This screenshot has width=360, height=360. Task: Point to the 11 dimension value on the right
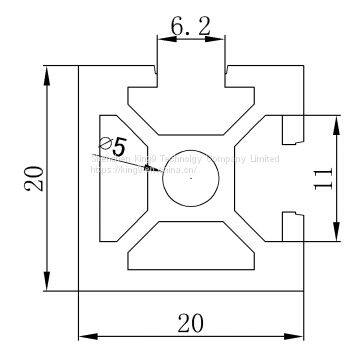(x=322, y=179)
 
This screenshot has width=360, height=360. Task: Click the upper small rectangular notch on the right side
(x=292, y=128)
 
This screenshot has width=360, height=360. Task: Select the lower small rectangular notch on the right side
(x=292, y=227)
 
